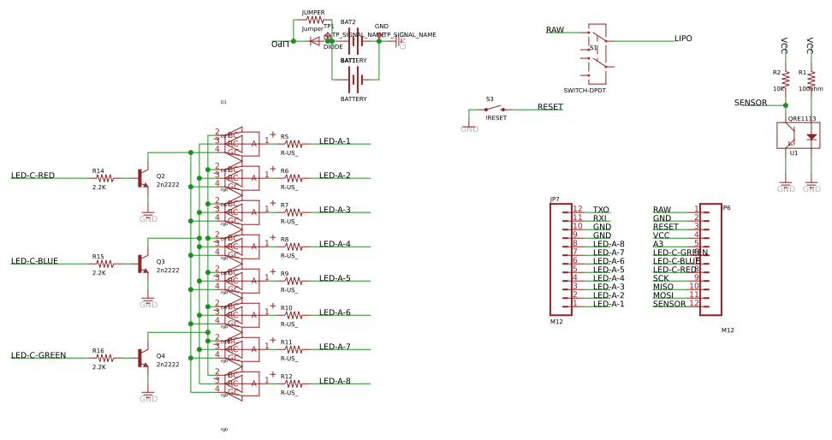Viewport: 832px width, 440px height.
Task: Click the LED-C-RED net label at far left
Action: click(33, 175)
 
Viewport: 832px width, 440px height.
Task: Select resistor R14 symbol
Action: click(104, 178)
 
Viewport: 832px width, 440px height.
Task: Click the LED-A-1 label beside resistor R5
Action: click(335, 141)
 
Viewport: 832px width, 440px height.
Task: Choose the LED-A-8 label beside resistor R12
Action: click(335, 381)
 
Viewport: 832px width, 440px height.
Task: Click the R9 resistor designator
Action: click(284, 274)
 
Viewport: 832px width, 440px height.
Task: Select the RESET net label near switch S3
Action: click(550, 107)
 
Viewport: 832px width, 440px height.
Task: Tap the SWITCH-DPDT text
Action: click(585, 91)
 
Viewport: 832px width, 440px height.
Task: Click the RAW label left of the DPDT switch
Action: click(555, 30)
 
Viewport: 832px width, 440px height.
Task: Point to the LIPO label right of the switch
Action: click(683, 39)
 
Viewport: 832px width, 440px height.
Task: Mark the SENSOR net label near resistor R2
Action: click(751, 103)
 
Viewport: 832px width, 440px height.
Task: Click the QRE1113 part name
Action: click(802, 119)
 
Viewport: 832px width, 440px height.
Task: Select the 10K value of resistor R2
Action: click(779, 88)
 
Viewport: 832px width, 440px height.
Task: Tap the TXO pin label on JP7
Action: click(601, 210)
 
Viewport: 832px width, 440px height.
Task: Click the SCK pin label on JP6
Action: click(661, 278)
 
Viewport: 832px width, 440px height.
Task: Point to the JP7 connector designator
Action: click(555, 199)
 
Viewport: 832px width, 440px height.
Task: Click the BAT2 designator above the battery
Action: click(348, 22)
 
